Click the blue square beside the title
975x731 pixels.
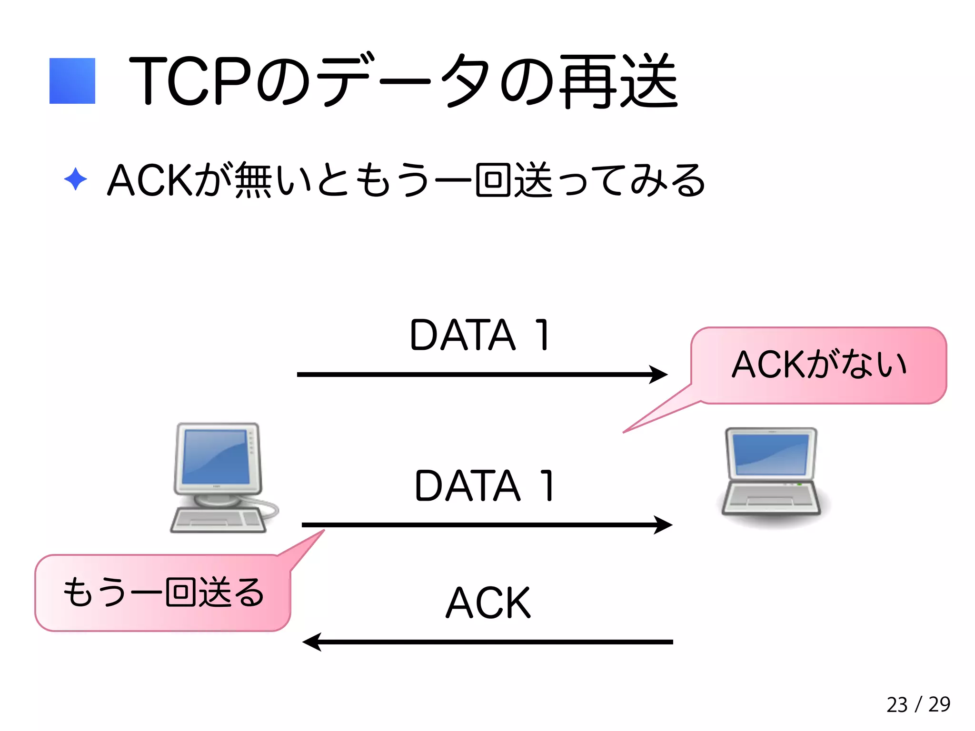pos(72,81)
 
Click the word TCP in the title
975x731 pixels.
pos(190,81)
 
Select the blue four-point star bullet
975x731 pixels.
pos(75,179)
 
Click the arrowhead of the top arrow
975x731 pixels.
pos(659,375)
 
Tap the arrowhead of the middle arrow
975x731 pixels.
pos(664,525)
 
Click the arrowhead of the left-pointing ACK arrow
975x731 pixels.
pos(312,642)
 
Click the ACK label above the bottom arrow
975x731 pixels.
pos(488,603)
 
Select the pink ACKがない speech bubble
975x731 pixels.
pos(819,365)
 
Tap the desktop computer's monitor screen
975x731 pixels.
pos(217,457)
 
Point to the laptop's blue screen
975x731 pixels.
pos(771,454)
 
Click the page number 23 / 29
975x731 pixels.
pos(918,704)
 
